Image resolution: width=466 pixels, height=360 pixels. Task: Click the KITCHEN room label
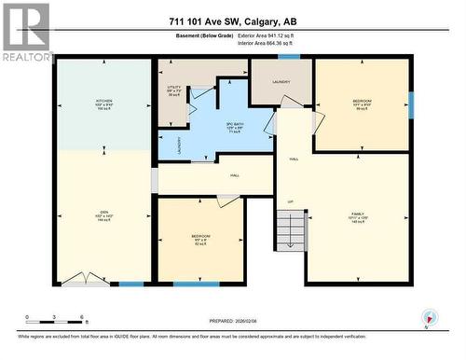click(103, 104)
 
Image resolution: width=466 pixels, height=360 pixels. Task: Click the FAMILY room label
click(358, 219)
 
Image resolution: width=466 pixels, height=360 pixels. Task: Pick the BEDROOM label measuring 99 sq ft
click(362, 103)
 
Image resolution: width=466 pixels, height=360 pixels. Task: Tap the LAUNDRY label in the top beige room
click(281, 81)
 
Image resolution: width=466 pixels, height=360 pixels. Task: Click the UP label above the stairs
click(290, 201)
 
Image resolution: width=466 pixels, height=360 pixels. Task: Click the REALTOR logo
click(25, 32)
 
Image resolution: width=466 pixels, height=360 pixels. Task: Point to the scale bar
click(56, 317)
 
